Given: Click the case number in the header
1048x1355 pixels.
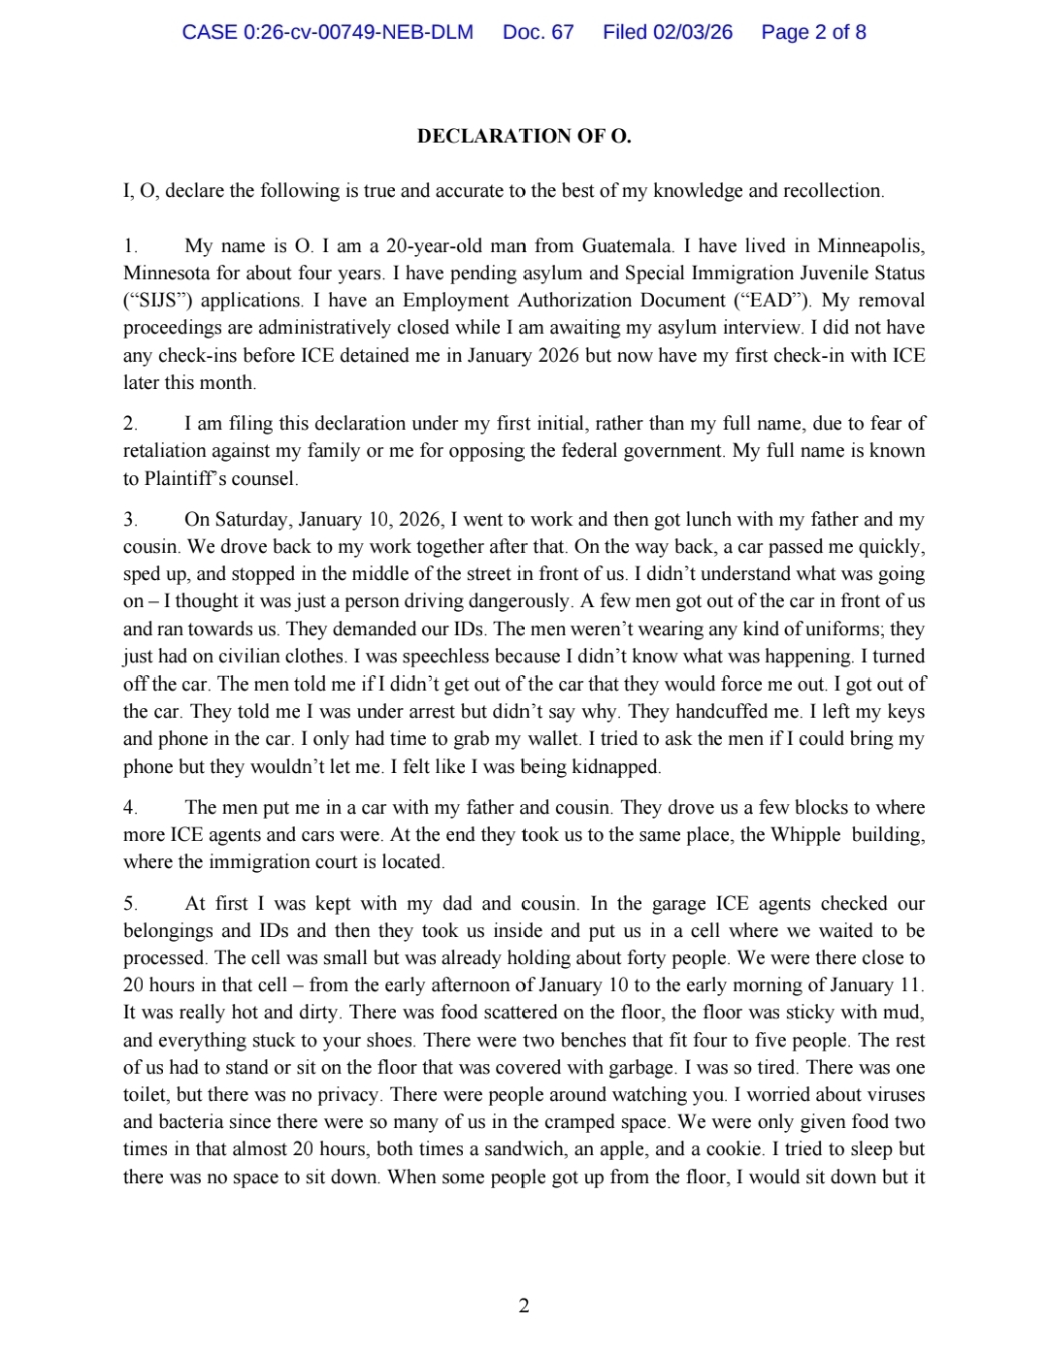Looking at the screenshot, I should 327,32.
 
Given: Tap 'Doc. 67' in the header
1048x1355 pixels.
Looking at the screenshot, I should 538,32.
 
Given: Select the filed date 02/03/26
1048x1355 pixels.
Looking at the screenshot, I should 692,32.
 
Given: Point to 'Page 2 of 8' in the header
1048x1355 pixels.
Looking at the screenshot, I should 813,32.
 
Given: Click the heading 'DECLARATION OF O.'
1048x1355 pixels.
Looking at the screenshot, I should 524,136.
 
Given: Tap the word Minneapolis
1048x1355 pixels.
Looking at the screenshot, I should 870,245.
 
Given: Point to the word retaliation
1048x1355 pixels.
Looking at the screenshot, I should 167,451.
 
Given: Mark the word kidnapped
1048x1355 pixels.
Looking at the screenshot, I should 615,767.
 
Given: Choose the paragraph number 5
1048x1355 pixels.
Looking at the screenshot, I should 130,904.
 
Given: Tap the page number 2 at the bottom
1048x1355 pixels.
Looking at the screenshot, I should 524,1306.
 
